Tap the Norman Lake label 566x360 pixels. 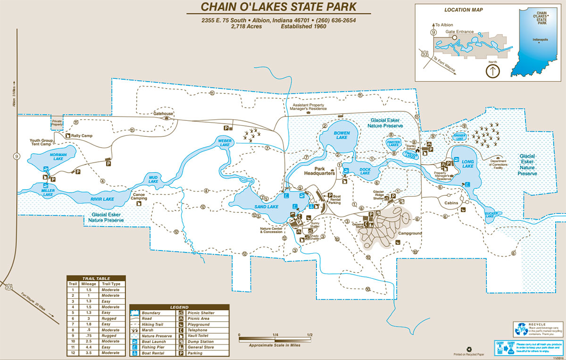pos(58,156)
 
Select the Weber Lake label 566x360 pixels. pos(225,142)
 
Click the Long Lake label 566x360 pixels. pos(467,163)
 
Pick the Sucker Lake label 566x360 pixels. pos(492,216)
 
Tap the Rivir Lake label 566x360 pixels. pos(102,199)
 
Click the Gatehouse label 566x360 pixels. pos(164,113)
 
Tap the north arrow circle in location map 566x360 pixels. pos(492,72)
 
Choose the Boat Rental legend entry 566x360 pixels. pos(152,353)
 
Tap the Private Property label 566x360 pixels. pos(57,123)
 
